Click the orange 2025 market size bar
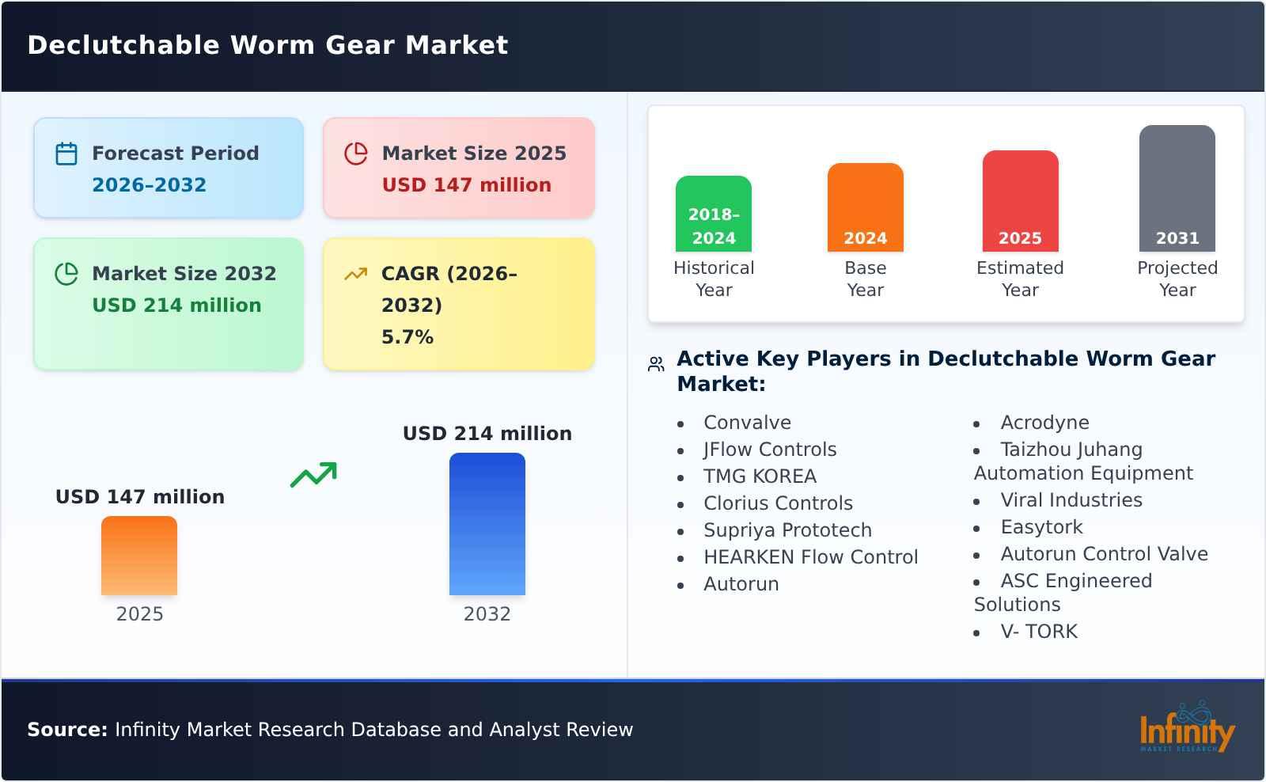pos(139,556)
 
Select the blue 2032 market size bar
pos(487,524)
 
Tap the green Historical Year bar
pos(713,214)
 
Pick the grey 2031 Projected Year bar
pos(1177,188)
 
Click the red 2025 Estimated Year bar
pos(1020,201)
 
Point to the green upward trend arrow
pos(313,475)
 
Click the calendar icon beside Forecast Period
pos(66,154)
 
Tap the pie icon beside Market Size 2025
pos(356,154)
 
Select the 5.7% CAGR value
pos(407,337)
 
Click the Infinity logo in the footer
pos(1186,729)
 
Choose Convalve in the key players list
pos(747,423)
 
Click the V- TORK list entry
pos(1039,632)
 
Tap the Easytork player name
pos(1041,527)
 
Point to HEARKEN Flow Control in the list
pos(810,557)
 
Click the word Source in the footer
pos(67,730)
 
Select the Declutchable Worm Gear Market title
pos(267,45)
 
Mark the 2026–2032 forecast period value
pos(149,185)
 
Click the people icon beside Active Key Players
pos(656,364)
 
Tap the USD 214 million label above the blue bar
pos(487,434)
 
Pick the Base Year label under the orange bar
pos(865,279)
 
